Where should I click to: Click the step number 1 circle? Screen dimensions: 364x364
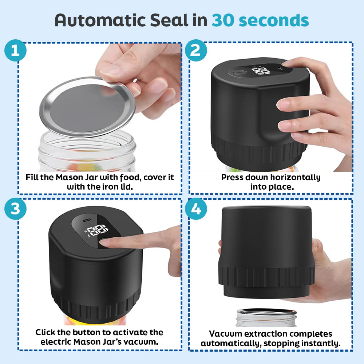[x=15, y=51]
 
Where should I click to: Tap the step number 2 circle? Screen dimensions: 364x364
[x=195, y=51]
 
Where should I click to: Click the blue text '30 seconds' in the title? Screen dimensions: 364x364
[x=260, y=21]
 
